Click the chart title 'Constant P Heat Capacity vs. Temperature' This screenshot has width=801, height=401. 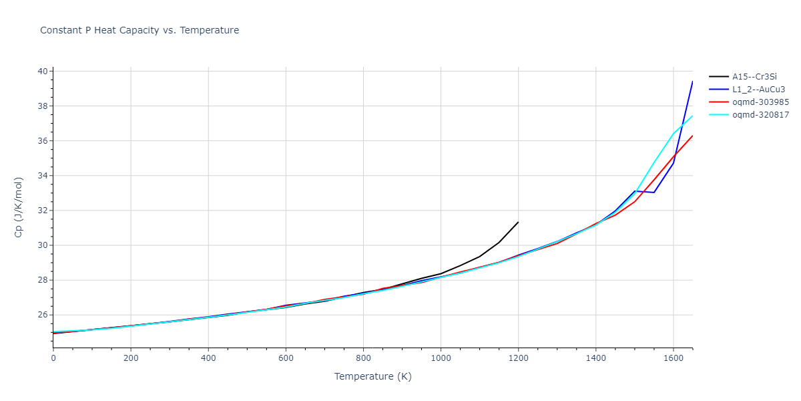coord(140,30)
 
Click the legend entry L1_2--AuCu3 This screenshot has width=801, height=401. coord(759,90)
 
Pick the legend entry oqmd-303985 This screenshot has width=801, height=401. coord(760,102)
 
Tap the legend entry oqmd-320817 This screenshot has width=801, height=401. coord(760,115)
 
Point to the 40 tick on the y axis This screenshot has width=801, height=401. coord(42,72)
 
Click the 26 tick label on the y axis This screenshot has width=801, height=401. coord(42,315)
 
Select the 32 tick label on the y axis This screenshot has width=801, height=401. coord(42,211)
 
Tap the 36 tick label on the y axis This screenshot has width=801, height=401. coord(42,141)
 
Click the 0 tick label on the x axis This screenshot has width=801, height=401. coord(53,359)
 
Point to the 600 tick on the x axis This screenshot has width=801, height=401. coord(286,359)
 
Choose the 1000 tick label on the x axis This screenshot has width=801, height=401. coord(441,359)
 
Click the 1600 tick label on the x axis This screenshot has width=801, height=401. coord(673,359)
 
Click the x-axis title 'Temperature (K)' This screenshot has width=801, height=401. coord(372,377)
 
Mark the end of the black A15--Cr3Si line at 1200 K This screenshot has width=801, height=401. coord(518,222)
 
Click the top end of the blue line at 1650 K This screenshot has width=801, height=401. coord(692,82)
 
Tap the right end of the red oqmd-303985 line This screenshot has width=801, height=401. coord(692,136)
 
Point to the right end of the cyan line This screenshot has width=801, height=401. coord(692,116)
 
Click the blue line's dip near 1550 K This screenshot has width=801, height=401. coord(653,192)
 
